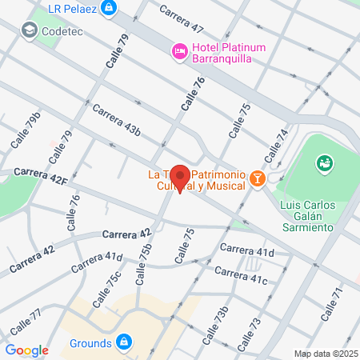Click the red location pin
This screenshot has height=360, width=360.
tap(180, 178)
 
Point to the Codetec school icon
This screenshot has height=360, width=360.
tap(30, 30)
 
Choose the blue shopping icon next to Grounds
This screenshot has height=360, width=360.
tap(123, 343)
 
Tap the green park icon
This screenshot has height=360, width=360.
tap(325, 164)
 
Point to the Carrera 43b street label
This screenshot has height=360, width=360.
tap(117, 120)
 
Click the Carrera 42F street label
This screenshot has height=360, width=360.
tap(40, 177)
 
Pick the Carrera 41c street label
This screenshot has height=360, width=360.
tap(241, 277)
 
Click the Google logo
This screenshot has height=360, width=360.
tap(26, 350)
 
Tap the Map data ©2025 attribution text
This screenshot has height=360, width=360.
tap(325, 354)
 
